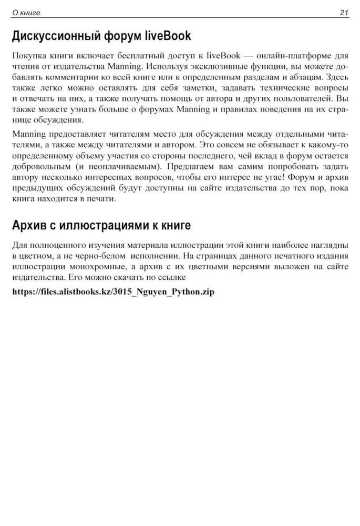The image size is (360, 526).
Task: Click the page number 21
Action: tap(344, 12)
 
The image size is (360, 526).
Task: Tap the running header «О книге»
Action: tap(26, 12)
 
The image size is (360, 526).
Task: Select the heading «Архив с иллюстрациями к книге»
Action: tap(101, 226)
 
